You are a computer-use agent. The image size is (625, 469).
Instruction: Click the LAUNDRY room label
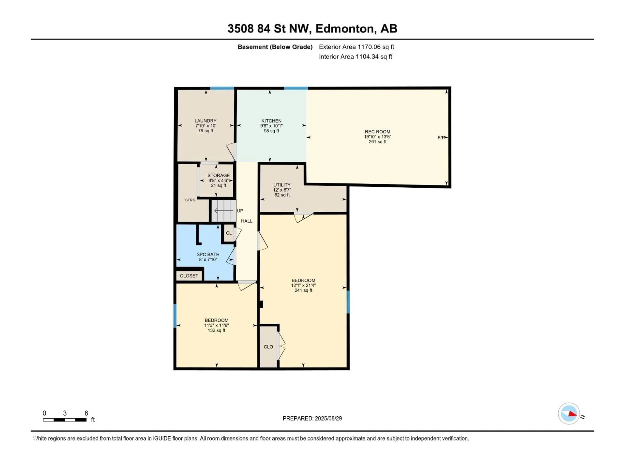click(205, 121)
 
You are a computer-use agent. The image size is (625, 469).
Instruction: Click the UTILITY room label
click(282, 185)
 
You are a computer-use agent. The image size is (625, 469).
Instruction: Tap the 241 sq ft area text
click(303, 290)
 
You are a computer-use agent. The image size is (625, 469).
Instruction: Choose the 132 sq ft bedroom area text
click(216, 330)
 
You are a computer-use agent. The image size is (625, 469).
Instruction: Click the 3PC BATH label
click(208, 254)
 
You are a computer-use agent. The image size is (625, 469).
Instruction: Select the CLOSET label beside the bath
click(189, 276)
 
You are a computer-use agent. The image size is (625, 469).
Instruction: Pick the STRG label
click(190, 200)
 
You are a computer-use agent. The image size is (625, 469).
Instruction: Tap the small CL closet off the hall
click(229, 233)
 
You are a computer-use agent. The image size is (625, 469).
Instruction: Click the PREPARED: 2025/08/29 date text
click(312, 418)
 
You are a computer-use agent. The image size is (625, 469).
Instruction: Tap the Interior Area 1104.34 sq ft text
click(355, 57)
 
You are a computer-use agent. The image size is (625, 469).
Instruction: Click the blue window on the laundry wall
click(222, 88)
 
